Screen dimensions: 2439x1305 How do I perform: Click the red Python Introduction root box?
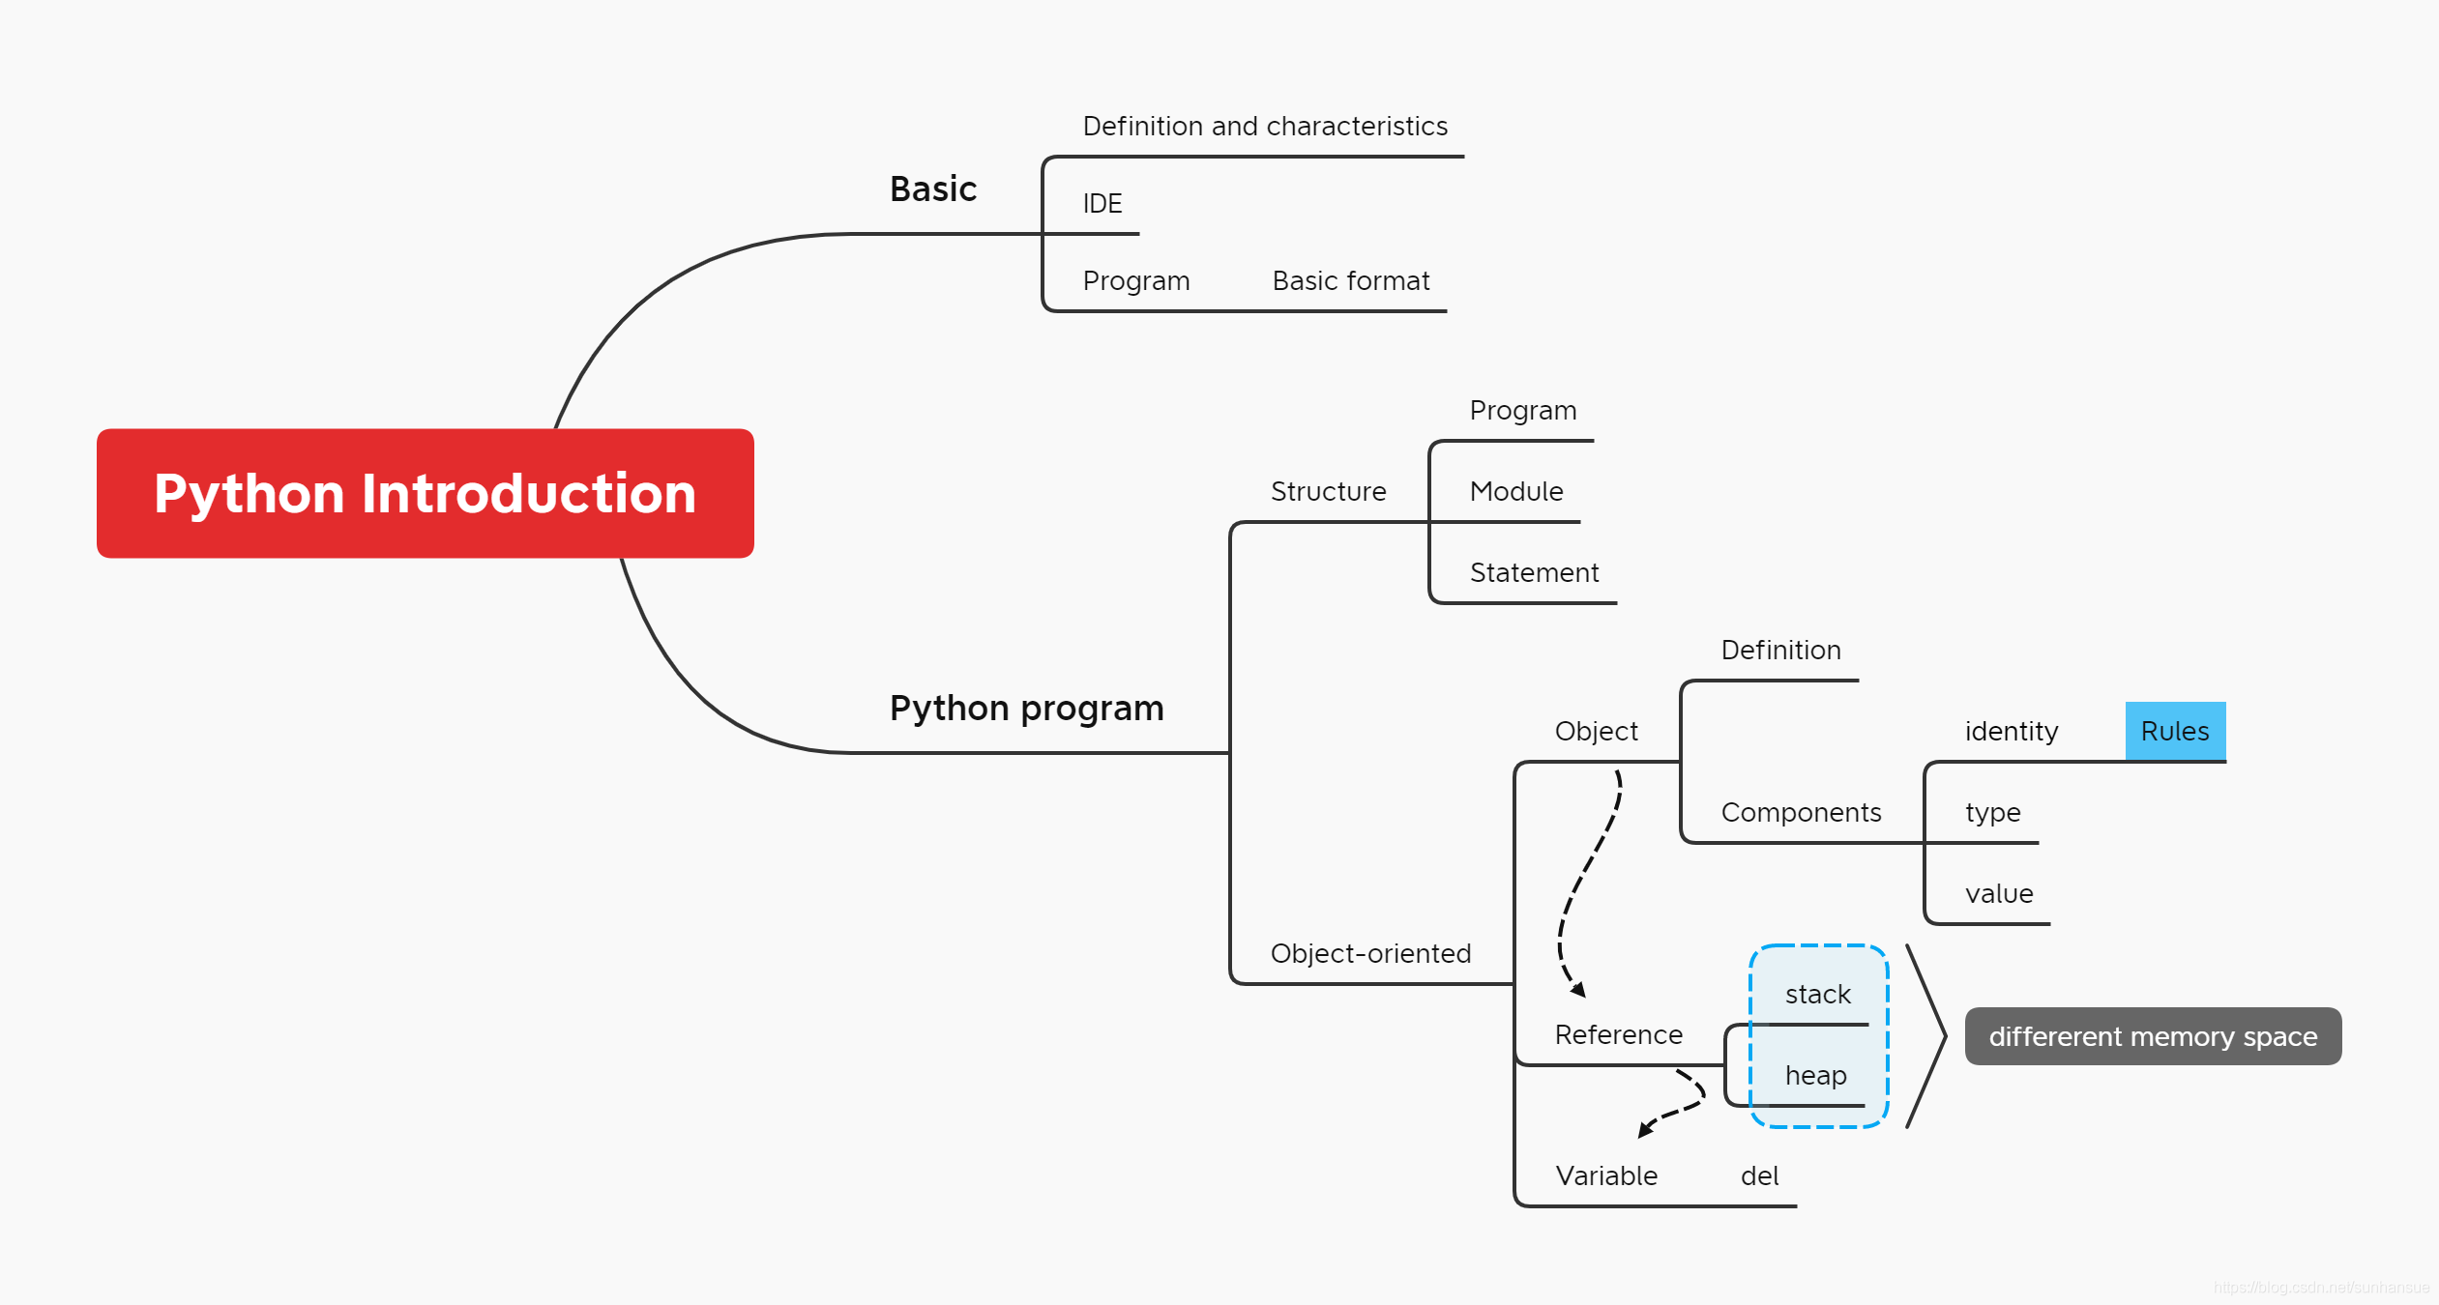point(426,493)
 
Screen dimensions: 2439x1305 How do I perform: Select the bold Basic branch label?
point(933,188)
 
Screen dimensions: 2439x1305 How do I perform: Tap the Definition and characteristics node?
point(1265,127)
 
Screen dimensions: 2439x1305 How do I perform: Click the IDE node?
point(1102,204)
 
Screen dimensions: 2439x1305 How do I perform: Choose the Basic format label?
point(1351,281)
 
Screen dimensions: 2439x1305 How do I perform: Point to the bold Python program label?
point(1027,709)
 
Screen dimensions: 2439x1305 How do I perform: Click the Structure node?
point(1329,492)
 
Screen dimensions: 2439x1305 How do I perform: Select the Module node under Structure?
point(1516,492)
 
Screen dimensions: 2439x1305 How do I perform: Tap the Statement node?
point(1535,573)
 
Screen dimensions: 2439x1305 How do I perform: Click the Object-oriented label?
point(1371,954)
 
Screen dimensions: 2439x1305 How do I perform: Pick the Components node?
point(1802,813)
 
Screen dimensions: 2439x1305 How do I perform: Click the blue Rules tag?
point(2176,731)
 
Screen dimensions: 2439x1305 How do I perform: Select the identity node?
point(2012,732)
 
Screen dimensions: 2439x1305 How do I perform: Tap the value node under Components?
point(1999,894)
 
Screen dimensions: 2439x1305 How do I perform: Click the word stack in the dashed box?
point(1818,995)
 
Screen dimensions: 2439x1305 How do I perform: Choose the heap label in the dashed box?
point(1816,1076)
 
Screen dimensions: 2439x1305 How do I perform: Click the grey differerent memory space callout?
point(2154,1036)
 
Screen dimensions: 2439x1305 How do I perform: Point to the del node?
point(1760,1176)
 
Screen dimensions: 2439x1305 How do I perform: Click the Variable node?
point(1606,1176)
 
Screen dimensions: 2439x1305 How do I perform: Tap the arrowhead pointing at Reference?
point(1579,991)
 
